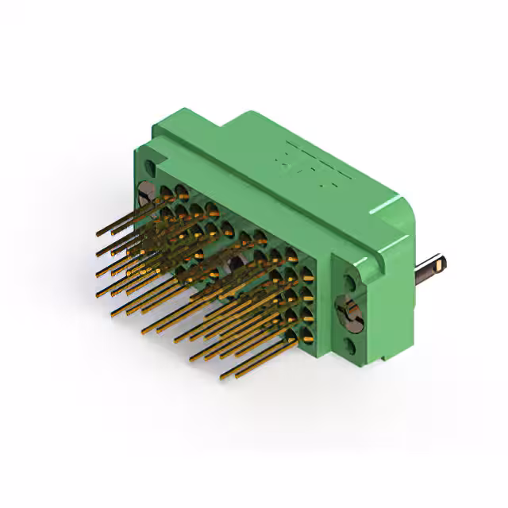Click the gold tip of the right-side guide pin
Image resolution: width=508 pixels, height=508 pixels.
[442, 262]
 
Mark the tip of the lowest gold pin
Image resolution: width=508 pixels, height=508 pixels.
[222, 375]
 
